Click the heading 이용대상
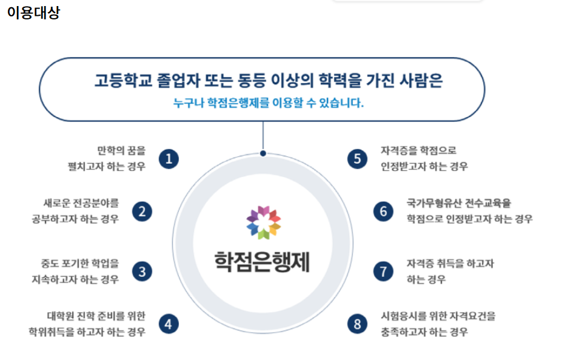pyautogui.click(x=33, y=13)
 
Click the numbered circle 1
pyautogui.click(x=169, y=159)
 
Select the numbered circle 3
pyautogui.click(x=142, y=272)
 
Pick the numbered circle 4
pyautogui.click(x=169, y=324)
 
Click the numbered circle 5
pyautogui.click(x=358, y=159)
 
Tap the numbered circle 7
pyautogui.click(x=383, y=272)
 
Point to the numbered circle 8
pyautogui.click(x=358, y=324)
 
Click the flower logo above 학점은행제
pyautogui.click(x=263, y=222)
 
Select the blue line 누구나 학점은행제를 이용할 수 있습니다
pyautogui.click(x=268, y=102)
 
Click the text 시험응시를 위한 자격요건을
pyautogui.click(x=438, y=316)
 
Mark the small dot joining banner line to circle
pyautogui.click(x=263, y=153)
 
